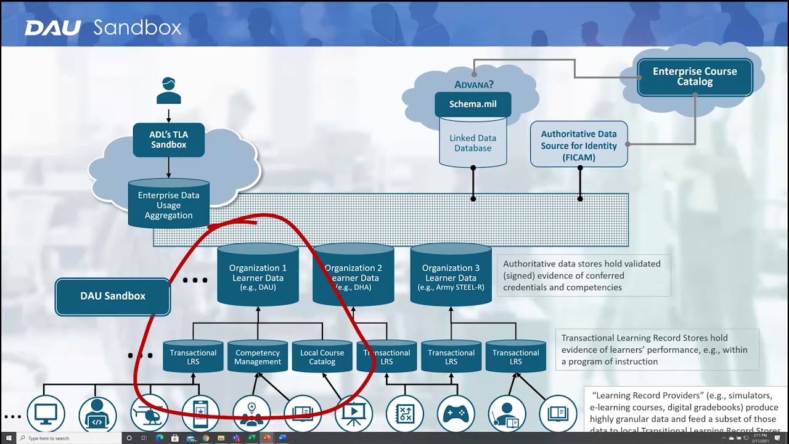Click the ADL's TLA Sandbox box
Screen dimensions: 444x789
[x=168, y=139]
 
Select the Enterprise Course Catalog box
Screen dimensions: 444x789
[x=695, y=77]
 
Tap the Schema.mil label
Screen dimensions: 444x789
[x=473, y=104]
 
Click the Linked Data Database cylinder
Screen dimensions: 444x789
[x=473, y=143]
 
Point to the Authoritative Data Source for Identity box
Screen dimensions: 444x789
[x=579, y=145]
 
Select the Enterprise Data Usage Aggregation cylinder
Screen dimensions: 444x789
[x=168, y=205]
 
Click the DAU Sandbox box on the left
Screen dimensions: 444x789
[x=113, y=296]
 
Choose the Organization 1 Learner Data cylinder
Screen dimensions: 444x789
[x=258, y=277]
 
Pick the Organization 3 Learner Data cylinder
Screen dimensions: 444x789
[x=451, y=277]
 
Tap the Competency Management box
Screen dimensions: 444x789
[x=258, y=357]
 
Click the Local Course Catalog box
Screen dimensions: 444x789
[x=322, y=357]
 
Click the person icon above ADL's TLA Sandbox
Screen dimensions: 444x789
[x=168, y=91]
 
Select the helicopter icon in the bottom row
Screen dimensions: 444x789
[x=149, y=414]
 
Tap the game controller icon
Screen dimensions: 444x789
[x=456, y=414]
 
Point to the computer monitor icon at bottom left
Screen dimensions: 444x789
[x=46, y=414]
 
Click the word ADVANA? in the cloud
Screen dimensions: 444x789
[x=474, y=85]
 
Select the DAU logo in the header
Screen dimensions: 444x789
[x=52, y=28]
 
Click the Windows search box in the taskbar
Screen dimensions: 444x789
[x=68, y=438]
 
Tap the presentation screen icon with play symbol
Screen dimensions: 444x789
[x=354, y=414]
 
